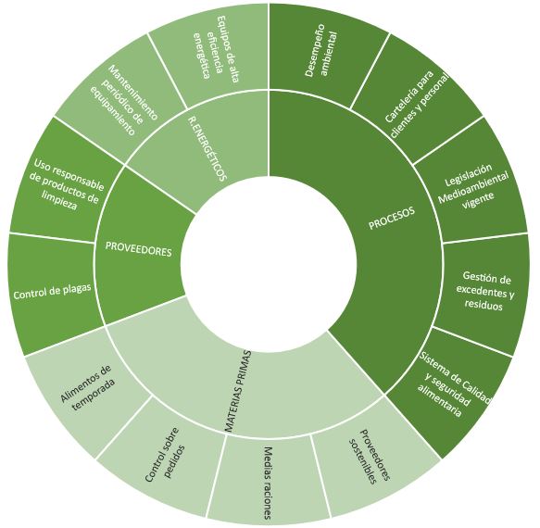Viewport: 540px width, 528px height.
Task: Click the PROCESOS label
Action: click(x=392, y=218)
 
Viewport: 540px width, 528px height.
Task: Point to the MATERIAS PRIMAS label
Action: click(x=237, y=391)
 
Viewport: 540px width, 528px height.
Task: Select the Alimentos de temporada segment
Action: click(x=88, y=388)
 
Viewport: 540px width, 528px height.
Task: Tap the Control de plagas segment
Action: click(x=52, y=292)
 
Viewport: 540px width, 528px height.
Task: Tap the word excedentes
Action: click(x=485, y=292)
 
